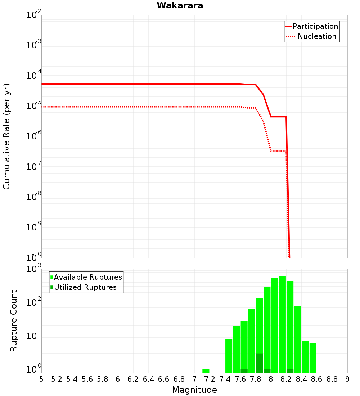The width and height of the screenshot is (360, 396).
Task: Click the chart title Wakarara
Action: [180, 5]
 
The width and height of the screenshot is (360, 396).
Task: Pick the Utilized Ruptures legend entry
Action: [85, 287]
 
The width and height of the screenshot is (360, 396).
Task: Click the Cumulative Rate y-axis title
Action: [6, 136]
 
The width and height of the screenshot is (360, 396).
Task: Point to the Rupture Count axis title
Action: [14, 321]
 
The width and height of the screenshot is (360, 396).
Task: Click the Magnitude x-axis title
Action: [194, 390]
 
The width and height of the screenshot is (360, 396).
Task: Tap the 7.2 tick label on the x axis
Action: [210, 379]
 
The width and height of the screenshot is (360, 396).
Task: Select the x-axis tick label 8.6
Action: [317, 379]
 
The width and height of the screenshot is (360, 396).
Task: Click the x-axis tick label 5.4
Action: [72, 379]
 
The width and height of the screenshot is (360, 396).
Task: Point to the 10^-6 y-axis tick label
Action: [34, 135]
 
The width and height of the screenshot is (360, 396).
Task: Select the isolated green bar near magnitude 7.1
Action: [206, 371]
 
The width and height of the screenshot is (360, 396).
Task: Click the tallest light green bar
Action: [282, 324]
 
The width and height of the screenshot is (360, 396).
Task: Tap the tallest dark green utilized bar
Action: [259, 363]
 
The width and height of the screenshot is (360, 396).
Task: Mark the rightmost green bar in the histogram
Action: [313, 358]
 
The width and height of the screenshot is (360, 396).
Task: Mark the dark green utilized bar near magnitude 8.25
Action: [290, 371]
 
